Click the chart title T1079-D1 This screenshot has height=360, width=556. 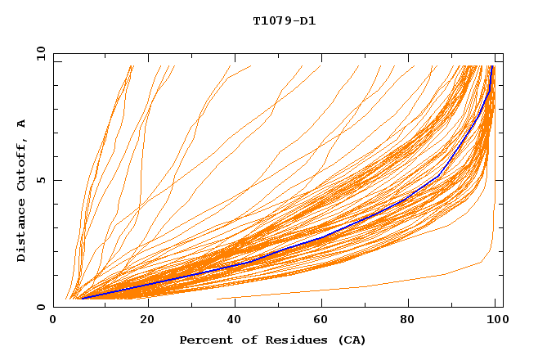284,21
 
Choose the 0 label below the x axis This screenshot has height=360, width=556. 54,322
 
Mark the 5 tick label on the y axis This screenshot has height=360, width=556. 40,180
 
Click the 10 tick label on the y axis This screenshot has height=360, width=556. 40,54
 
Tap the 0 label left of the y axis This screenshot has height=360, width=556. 40,307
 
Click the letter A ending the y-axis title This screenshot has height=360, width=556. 21,124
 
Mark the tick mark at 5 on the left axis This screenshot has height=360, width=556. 56,180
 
